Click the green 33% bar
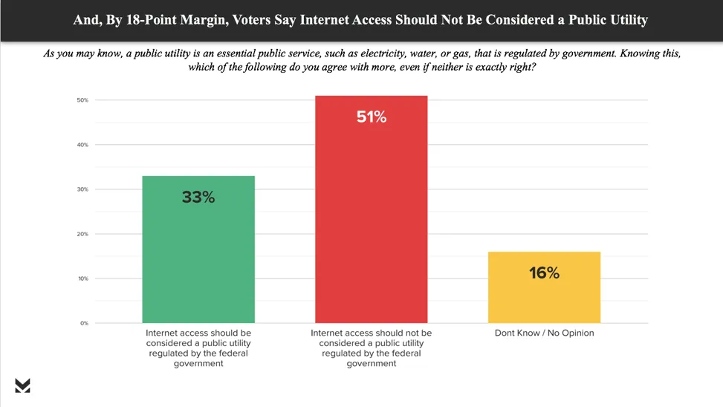point(198,253)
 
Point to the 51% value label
point(371,117)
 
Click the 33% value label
point(198,197)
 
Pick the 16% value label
point(544,273)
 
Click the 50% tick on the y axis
point(82,100)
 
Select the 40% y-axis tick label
point(82,145)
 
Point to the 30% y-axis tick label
point(82,189)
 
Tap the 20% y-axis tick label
point(82,234)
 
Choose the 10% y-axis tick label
point(82,279)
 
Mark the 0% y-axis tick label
point(84,323)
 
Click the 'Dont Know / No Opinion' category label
point(544,333)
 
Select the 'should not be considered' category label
point(371,348)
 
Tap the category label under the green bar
point(198,348)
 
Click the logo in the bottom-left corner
point(22,385)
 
